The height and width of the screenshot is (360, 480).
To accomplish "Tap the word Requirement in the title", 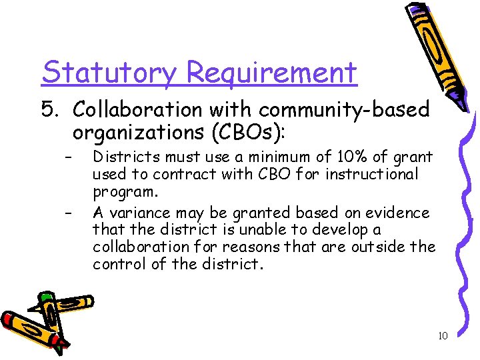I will tap(271, 72).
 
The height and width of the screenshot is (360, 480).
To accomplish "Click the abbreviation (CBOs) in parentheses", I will tap(245, 132).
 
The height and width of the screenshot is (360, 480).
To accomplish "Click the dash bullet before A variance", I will tap(67, 213).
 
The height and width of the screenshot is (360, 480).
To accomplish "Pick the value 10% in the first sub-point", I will tap(342, 158).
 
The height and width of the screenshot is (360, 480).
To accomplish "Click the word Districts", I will tap(125, 158).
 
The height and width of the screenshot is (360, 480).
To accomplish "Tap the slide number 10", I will tap(443, 336).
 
